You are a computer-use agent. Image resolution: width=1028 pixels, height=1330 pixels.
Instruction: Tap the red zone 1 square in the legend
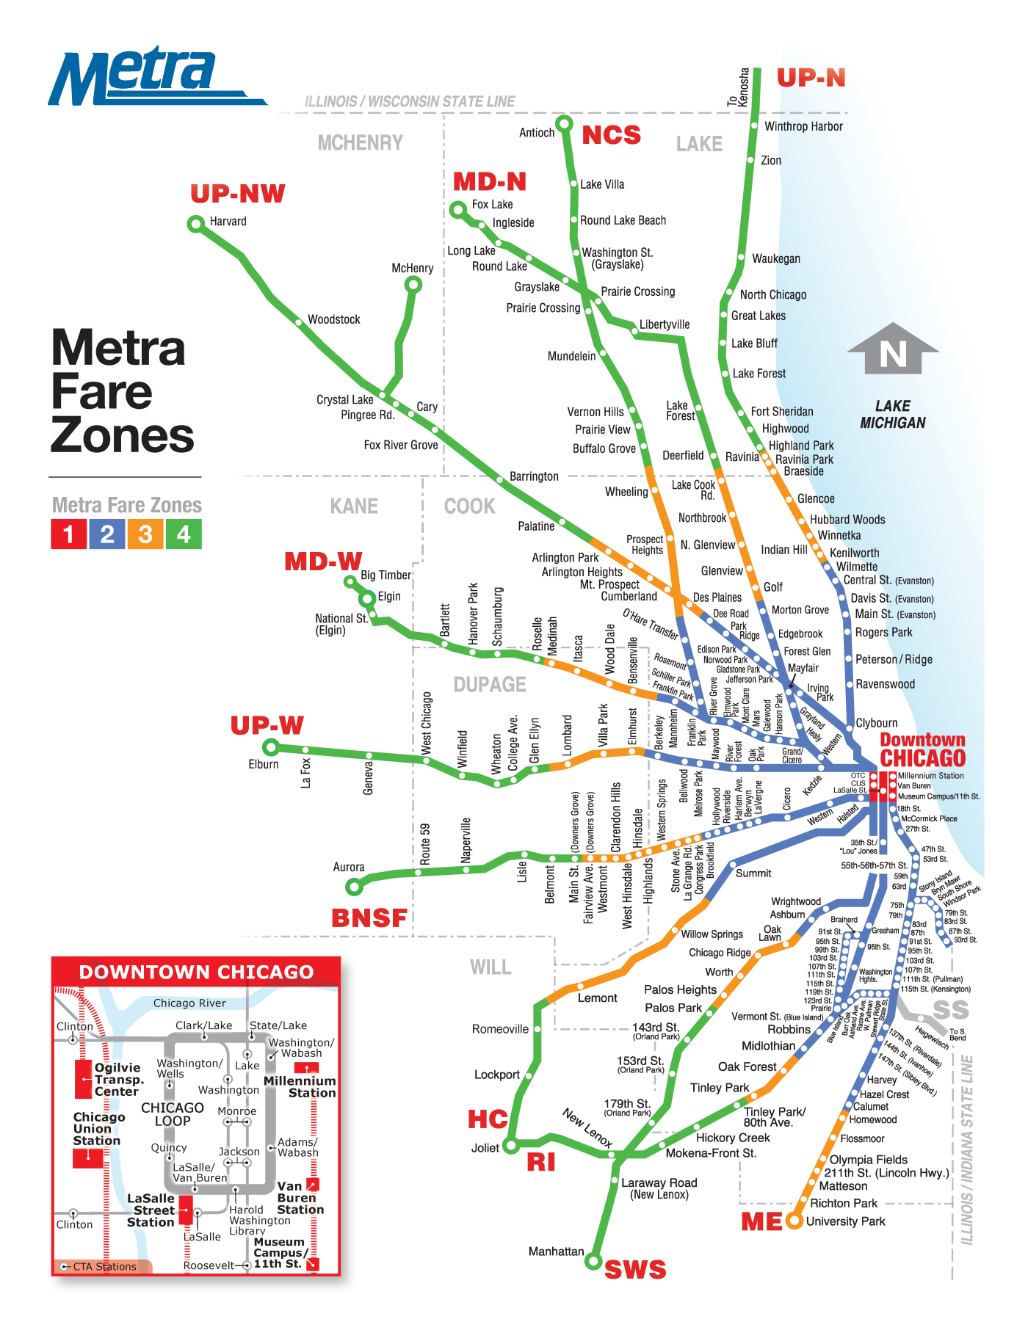coord(68,534)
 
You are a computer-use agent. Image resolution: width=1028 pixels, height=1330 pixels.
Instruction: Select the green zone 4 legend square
coord(184,534)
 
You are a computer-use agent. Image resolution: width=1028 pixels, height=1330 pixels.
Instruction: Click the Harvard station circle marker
coord(196,224)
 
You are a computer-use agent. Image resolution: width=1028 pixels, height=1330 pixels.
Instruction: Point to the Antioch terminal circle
coord(564,123)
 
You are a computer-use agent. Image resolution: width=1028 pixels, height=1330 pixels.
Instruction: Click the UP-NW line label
coord(237,194)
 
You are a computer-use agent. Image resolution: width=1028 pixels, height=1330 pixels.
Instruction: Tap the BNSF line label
coord(369,917)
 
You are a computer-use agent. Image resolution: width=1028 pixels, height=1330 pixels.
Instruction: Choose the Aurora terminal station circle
coord(355,887)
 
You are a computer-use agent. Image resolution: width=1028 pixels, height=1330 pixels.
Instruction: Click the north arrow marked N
coord(893,351)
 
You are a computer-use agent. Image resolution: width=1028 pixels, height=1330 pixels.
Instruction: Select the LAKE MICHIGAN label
coord(893,415)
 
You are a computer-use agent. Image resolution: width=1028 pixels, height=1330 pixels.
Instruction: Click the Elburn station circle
coord(271,747)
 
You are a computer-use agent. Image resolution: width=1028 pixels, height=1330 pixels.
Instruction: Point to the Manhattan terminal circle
coord(593,1261)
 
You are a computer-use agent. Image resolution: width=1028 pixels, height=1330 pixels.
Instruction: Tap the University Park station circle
coord(794,1221)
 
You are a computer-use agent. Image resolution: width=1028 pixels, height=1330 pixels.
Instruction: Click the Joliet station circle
coord(511,1144)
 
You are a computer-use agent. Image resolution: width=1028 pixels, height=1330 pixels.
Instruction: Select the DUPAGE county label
coord(490,685)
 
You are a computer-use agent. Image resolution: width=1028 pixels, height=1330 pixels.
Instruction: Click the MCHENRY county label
coord(360,142)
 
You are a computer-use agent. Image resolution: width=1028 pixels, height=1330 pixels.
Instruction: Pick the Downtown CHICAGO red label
coord(923,749)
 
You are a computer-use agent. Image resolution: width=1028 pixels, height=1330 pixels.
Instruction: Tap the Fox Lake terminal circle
coord(458,210)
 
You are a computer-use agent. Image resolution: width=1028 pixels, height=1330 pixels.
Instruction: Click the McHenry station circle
coord(414,284)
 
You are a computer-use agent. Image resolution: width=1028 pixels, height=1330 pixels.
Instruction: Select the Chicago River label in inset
coord(189,1003)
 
